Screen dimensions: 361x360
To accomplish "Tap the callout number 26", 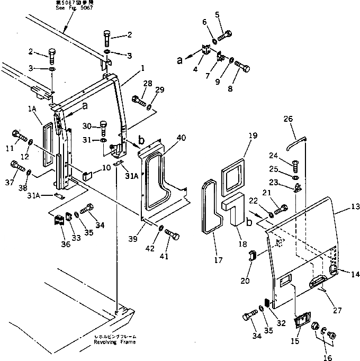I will coord(289,119).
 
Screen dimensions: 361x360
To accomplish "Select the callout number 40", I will coord(181,138).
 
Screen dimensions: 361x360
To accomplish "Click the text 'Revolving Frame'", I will coord(114,341).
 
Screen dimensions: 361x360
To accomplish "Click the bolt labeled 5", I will coord(223,37).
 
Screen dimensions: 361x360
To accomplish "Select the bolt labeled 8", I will coord(242,68).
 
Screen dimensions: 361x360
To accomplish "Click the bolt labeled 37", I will coord(17,169).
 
